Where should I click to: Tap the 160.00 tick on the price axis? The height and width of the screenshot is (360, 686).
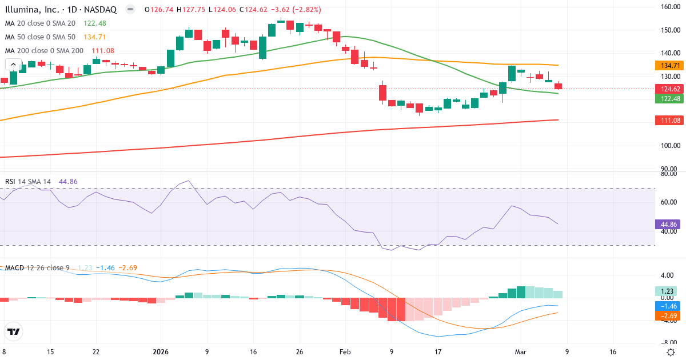coord(669,7)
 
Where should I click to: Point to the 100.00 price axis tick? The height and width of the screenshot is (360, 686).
coord(669,146)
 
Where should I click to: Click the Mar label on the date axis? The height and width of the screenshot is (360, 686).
coord(520,352)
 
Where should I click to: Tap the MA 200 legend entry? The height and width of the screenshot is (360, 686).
coord(44,51)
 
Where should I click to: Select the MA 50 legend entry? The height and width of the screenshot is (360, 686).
coord(40,37)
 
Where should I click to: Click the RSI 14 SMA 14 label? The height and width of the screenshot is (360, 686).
coord(28,182)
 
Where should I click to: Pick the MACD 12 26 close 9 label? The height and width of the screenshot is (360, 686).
coord(37,268)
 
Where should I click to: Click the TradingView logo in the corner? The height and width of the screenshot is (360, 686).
coord(14,331)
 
